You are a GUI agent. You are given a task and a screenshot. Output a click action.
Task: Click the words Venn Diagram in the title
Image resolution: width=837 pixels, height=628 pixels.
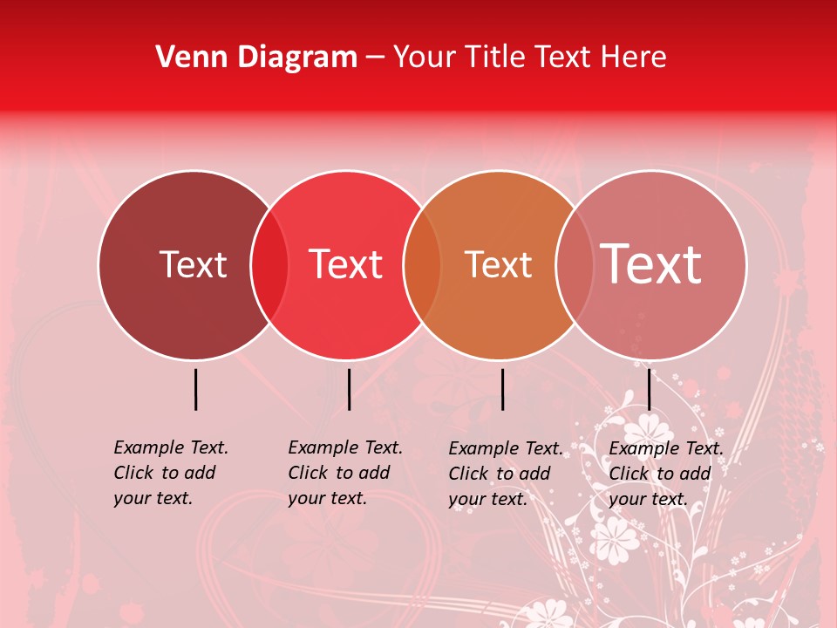[256, 57]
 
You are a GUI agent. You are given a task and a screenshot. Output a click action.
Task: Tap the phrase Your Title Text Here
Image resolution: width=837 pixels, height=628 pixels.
[529, 57]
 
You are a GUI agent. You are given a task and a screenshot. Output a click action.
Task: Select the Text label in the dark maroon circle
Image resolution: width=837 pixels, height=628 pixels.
[193, 264]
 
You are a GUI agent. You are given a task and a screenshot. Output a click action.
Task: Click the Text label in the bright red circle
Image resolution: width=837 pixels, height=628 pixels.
[346, 264]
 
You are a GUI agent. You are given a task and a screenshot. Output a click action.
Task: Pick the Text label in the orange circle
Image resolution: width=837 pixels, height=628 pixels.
[498, 264]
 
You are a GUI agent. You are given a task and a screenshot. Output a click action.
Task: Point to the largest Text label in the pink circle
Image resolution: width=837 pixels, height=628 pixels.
[650, 264]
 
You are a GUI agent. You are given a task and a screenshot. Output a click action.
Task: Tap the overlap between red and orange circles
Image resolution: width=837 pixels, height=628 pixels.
[422, 265]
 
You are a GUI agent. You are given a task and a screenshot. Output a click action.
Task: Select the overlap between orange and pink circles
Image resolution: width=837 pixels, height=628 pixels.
[573, 265]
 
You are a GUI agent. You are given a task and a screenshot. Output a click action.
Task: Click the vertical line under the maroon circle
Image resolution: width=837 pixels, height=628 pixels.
[195, 389]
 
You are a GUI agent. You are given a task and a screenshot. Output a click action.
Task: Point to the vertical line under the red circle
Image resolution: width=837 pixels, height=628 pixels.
[349, 389]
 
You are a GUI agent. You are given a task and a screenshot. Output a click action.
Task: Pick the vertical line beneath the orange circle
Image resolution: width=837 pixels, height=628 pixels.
[502, 389]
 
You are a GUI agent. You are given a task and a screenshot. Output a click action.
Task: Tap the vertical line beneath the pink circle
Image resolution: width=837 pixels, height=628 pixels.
[649, 389]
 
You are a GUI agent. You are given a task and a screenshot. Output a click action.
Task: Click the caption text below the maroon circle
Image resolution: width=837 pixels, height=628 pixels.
[171, 473]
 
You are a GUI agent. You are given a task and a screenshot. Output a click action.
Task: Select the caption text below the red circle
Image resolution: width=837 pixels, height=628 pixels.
[345, 473]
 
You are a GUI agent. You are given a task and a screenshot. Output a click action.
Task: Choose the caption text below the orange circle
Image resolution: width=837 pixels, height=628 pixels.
[506, 474]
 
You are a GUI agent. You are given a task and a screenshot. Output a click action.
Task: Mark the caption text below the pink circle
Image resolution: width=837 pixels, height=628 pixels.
[666, 474]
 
